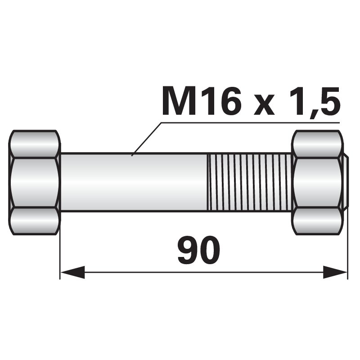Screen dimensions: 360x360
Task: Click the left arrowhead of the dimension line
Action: point(72,272)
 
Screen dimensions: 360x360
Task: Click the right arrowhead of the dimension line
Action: point(335,272)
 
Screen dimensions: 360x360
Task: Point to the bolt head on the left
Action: point(35,182)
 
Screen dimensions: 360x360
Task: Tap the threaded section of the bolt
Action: point(250,182)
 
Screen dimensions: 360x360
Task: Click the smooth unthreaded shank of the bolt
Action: point(135,182)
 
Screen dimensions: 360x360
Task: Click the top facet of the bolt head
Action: point(35,144)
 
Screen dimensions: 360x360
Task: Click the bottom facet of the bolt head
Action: point(35,220)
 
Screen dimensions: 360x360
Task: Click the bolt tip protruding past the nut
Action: point(345,182)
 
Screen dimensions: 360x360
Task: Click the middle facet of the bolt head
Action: point(35,182)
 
